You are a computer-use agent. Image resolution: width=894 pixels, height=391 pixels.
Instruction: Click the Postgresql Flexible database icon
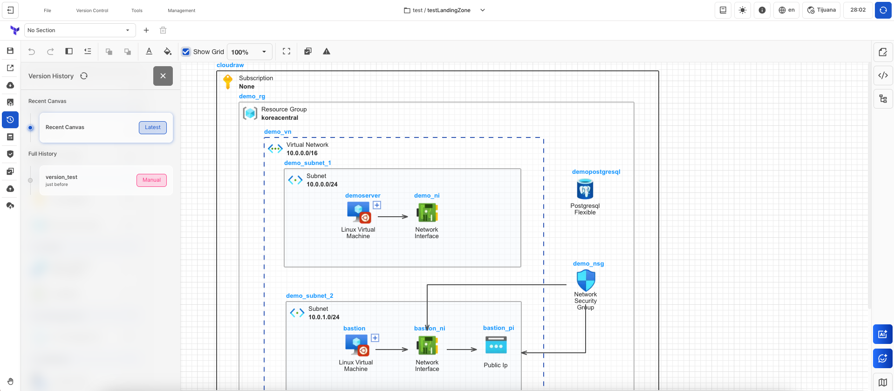point(585,189)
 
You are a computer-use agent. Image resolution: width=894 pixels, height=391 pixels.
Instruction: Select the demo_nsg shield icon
point(586,280)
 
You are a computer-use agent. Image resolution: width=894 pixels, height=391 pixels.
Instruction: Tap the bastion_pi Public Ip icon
point(496,346)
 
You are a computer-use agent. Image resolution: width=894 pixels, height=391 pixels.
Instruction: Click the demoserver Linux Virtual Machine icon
point(358,213)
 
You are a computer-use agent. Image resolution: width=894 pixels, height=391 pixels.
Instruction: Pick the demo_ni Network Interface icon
point(427,213)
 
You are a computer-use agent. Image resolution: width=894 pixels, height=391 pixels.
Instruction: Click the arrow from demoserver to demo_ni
point(392,216)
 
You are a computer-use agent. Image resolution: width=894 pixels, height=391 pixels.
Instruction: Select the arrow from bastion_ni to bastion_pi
point(461,349)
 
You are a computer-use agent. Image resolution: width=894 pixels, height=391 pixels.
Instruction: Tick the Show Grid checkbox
point(186,52)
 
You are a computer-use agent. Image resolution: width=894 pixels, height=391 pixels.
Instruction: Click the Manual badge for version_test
point(151,180)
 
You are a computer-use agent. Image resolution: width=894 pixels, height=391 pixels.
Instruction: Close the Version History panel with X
point(163,76)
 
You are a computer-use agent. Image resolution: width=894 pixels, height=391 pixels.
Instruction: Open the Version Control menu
point(92,10)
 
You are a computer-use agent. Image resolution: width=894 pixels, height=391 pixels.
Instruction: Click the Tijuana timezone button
point(821,10)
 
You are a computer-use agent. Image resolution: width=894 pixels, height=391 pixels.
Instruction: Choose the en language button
point(786,10)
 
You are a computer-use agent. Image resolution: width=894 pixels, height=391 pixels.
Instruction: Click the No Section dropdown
point(79,30)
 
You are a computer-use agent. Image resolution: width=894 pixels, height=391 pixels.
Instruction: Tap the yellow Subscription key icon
point(228,82)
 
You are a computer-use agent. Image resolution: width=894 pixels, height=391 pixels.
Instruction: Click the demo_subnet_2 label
point(309,296)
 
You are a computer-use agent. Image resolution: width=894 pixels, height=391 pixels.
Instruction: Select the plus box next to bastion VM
point(375,338)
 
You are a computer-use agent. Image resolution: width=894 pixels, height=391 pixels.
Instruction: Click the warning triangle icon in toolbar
point(327,51)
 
